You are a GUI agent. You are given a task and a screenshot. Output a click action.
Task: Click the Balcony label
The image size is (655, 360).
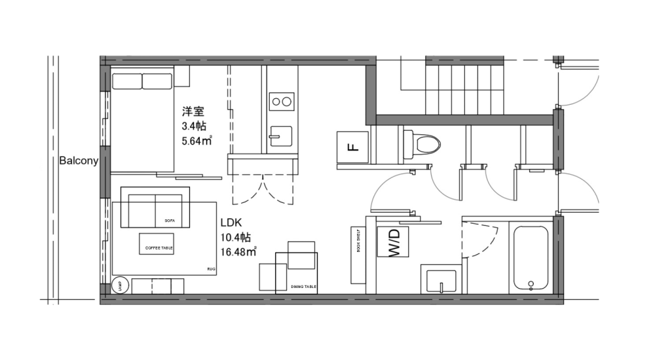pyautogui.click(x=78, y=160)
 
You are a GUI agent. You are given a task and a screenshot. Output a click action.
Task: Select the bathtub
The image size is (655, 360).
pyautogui.click(x=531, y=258)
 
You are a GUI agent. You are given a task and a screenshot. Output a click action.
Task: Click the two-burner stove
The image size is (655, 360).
pyautogui.click(x=282, y=101)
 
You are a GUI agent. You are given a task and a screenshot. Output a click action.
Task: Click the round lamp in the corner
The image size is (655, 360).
pyautogui.click(x=120, y=285)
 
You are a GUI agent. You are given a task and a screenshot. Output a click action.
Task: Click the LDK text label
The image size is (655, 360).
pyautogui.click(x=232, y=223)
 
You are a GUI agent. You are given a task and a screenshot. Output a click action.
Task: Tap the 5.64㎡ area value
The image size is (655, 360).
pyautogui.click(x=197, y=139)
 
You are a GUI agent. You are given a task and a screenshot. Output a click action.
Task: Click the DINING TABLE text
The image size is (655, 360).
pyautogui.click(x=303, y=287)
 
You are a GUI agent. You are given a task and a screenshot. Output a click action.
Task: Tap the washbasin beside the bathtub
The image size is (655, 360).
pyautogui.click(x=441, y=279)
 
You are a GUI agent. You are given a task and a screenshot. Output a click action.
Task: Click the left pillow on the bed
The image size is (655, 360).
pyautogui.click(x=127, y=81)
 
